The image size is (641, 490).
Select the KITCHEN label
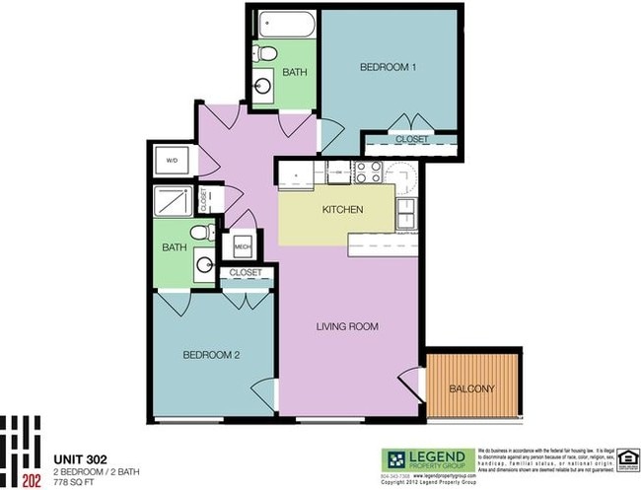pos(343,210)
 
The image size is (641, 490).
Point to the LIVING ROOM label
pos(347,326)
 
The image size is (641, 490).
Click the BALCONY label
pos(471,388)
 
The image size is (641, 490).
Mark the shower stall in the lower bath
pos(175,201)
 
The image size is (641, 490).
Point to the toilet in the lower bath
pos(201,232)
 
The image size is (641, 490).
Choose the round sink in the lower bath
pos(203,264)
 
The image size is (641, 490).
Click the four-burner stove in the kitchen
pos(368,174)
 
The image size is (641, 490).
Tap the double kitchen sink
pos(404,210)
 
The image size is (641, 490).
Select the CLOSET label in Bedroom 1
pos(411,140)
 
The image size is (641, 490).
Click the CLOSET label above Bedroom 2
pos(245,272)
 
